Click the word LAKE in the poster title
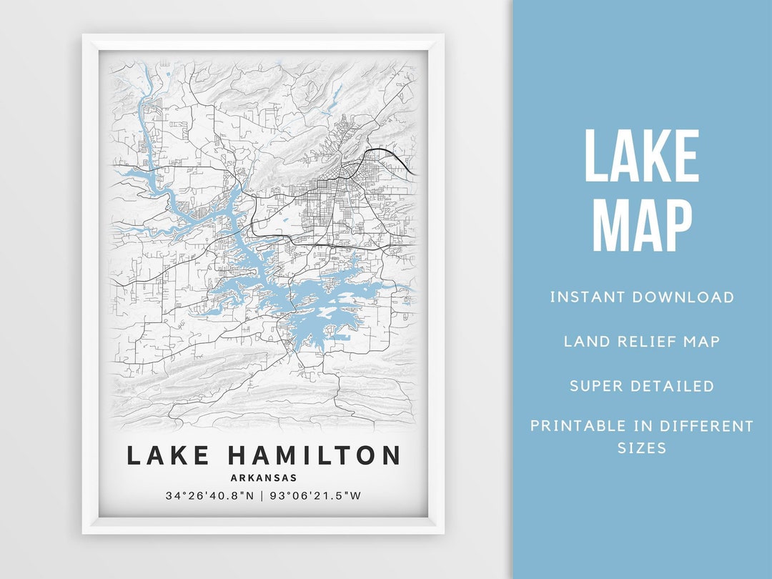[169, 455]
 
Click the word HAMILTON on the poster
[315, 455]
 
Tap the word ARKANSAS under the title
[264, 478]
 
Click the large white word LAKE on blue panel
[641, 157]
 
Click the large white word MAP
[641, 227]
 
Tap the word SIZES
[641, 448]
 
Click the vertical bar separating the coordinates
[262, 495]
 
